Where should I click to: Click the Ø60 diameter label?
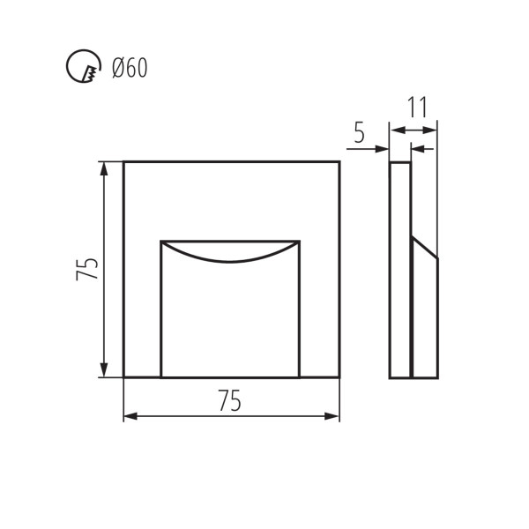coord(130,68)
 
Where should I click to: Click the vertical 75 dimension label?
coord(87,269)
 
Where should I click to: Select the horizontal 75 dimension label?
coord(230,400)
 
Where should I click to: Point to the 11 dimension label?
coord(418,108)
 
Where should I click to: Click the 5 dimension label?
coord(360,132)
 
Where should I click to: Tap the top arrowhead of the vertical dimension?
coord(104,168)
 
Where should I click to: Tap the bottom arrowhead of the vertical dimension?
coord(104,370)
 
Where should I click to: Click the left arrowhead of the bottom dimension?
coord(130,416)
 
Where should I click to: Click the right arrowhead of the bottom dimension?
coord(332,416)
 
